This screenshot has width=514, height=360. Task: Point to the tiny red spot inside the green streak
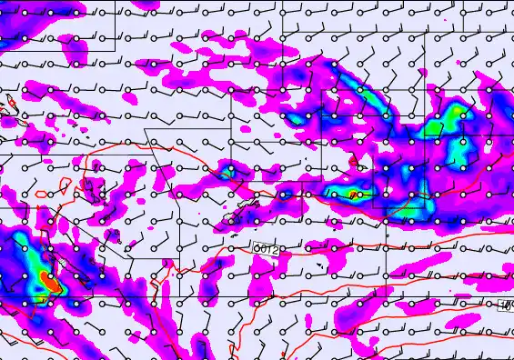pos(354,194)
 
